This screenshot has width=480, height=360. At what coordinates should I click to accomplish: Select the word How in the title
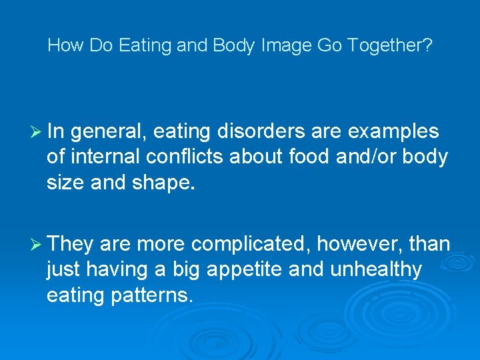tap(63, 46)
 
